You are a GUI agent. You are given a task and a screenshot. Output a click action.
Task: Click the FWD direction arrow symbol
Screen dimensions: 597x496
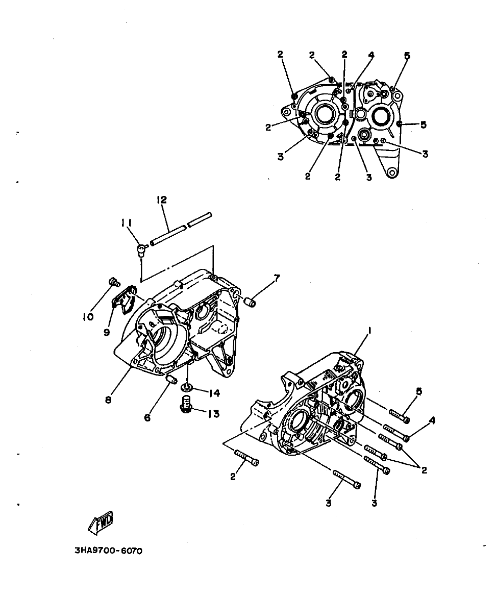pyautogui.click(x=101, y=523)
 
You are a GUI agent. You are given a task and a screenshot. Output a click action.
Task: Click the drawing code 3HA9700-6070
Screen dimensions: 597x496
pyautogui.click(x=108, y=551)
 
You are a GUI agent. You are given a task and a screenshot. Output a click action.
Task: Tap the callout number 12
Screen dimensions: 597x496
pyautogui.click(x=162, y=200)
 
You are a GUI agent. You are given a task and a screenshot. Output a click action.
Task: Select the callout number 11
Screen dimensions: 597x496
pyautogui.click(x=127, y=223)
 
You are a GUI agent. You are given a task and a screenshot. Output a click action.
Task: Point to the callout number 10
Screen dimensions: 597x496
pyautogui.click(x=88, y=316)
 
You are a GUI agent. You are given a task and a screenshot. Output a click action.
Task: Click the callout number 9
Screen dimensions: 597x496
pyautogui.click(x=107, y=332)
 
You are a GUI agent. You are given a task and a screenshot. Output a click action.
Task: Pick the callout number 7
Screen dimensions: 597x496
pyautogui.click(x=277, y=278)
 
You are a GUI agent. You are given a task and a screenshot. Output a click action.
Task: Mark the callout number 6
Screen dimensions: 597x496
pyautogui.click(x=147, y=417)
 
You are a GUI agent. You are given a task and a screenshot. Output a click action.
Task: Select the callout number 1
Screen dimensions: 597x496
pyautogui.click(x=369, y=330)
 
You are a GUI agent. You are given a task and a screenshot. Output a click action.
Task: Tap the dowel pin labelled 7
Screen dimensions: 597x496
pyautogui.click(x=250, y=303)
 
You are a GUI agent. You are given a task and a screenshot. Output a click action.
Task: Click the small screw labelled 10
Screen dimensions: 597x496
pyautogui.click(x=114, y=282)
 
